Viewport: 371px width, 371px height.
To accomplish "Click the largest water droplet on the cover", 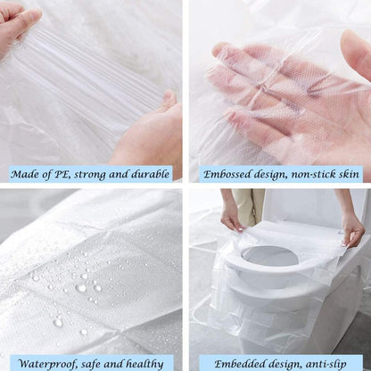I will point(81,287).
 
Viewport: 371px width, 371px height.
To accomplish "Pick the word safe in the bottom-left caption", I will point(97,362).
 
